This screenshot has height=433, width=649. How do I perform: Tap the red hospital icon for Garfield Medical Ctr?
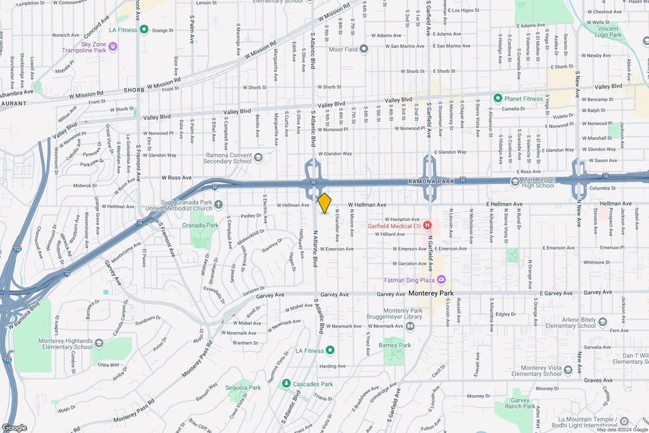click(x=428, y=225)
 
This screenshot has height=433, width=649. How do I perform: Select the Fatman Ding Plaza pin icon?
click(x=442, y=280)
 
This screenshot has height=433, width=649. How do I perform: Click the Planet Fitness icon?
click(x=498, y=98)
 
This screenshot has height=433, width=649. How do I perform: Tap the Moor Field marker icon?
click(x=364, y=49)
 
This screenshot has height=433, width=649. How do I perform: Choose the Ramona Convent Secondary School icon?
click(x=258, y=157)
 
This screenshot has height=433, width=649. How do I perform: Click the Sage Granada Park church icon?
click(x=219, y=204)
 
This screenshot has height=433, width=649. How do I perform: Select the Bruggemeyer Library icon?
click(x=410, y=326)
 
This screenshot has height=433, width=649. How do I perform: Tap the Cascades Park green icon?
click(x=286, y=384)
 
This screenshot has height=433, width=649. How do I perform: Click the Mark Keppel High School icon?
click(x=515, y=181)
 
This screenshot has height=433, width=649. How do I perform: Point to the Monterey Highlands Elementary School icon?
click(x=98, y=343)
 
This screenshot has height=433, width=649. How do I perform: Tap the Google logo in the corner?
click(x=14, y=427)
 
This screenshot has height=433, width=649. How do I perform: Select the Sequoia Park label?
click(x=245, y=387)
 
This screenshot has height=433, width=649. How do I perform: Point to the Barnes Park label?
click(x=395, y=346)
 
